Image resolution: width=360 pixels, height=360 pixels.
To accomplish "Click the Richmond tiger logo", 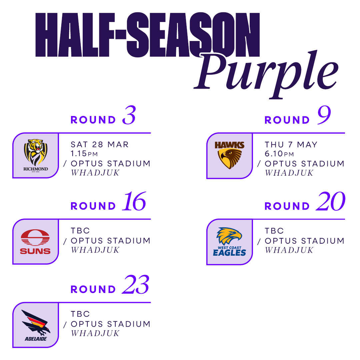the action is pyautogui.click(x=36, y=155).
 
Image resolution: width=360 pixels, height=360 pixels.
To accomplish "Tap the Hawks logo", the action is pyautogui.click(x=229, y=155).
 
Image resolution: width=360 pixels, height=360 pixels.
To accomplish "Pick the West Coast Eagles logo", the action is pyautogui.click(x=229, y=242).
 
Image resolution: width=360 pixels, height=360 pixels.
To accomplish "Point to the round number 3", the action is pyautogui.click(x=129, y=115).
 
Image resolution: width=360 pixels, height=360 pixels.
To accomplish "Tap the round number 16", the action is pyautogui.click(x=134, y=201).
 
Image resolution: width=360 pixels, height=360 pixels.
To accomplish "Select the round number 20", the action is pyautogui.click(x=331, y=201).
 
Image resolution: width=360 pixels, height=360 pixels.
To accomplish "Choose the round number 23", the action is pyautogui.click(x=136, y=284).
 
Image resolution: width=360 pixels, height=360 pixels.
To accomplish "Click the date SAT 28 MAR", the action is pyautogui.click(x=100, y=144).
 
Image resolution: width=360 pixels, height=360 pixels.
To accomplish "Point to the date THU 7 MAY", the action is pyautogui.click(x=291, y=145).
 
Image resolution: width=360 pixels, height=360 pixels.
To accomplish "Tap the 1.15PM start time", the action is pyautogui.click(x=84, y=153).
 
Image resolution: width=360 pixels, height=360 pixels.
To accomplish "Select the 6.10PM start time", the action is pyautogui.click(x=279, y=154).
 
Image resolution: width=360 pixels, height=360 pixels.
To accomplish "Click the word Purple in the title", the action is pyautogui.click(x=266, y=73).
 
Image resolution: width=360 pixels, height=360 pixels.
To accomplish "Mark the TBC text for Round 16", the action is pyautogui.click(x=80, y=231).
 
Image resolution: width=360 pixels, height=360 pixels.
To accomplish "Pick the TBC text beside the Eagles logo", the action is pyautogui.click(x=274, y=231).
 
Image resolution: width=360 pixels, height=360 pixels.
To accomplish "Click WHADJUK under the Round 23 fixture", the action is pyautogui.click(x=95, y=333).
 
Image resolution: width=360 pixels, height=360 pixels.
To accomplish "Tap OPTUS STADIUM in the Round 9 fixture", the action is pyautogui.click(x=304, y=164).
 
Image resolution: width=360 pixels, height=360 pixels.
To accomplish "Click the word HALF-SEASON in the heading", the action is pyautogui.click(x=147, y=35).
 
